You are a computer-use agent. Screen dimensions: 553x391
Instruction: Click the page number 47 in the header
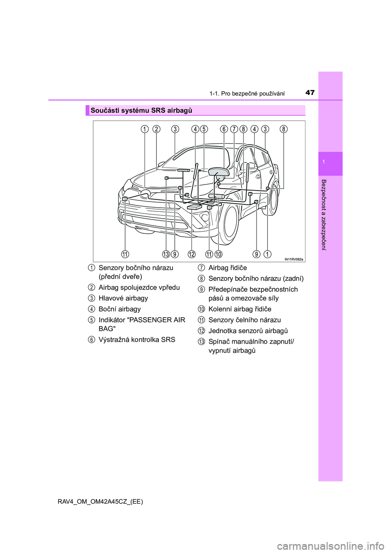click(310, 92)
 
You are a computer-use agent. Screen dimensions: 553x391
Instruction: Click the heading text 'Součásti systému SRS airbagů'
click(141, 110)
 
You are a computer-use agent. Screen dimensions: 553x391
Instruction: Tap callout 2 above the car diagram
click(156, 129)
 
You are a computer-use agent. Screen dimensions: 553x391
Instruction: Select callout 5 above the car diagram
click(204, 129)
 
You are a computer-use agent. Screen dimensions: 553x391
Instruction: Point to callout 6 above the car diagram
click(224, 129)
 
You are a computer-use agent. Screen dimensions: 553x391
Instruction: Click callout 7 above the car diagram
click(234, 129)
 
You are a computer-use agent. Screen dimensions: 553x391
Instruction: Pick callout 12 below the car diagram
click(191, 254)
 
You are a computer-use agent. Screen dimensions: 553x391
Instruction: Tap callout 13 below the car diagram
click(166, 254)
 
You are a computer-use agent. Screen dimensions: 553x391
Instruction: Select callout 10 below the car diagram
click(219, 254)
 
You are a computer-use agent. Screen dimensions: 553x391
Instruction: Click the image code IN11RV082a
click(294, 259)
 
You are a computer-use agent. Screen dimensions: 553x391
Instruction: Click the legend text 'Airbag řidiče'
click(227, 268)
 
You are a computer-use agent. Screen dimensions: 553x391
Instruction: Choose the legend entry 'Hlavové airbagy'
click(123, 298)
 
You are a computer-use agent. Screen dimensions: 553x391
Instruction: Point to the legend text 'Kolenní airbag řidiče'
click(239, 309)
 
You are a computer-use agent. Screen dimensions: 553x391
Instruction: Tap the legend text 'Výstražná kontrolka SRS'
click(137, 340)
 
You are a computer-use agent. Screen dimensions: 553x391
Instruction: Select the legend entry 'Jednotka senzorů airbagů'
click(248, 331)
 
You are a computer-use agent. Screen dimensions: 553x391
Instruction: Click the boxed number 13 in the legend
click(202, 342)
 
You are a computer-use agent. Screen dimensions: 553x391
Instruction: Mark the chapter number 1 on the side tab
click(323, 162)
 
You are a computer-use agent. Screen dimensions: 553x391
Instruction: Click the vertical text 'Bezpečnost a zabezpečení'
click(324, 215)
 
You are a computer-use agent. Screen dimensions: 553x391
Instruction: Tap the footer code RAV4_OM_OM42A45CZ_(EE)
click(100, 501)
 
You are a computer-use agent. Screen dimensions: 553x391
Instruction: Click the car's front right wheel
click(229, 224)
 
